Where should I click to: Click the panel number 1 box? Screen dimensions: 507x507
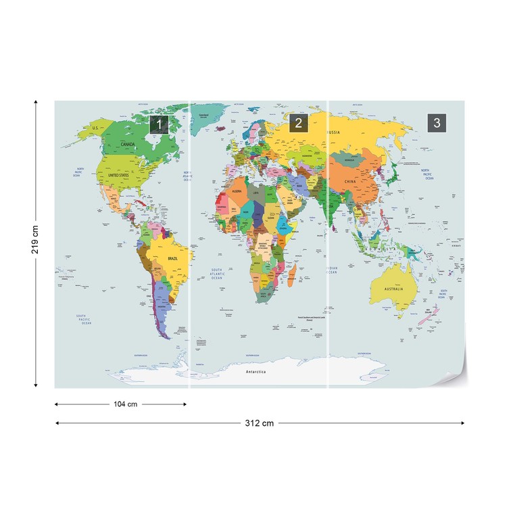tap(158, 124)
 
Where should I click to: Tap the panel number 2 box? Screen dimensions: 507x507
tap(298, 123)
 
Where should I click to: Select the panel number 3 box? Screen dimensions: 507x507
tap(437, 122)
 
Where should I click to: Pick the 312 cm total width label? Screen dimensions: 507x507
tap(260, 423)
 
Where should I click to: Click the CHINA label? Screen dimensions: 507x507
tap(349, 182)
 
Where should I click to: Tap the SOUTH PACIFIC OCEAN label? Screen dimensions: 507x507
tap(84, 320)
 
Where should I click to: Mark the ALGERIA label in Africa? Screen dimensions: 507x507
tap(237, 192)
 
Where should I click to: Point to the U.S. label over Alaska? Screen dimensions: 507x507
tap(96, 128)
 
